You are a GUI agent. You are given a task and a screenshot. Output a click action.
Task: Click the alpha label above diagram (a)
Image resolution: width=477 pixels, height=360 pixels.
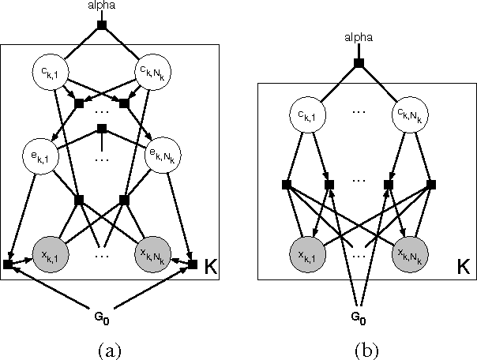pyautogui.click(x=101, y=6)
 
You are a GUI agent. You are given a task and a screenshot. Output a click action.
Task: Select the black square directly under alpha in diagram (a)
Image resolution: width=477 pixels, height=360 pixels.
pyautogui.click(x=101, y=25)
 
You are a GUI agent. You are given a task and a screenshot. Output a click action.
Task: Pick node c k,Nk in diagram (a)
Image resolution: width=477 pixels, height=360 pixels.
pyautogui.click(x=155, y=73)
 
